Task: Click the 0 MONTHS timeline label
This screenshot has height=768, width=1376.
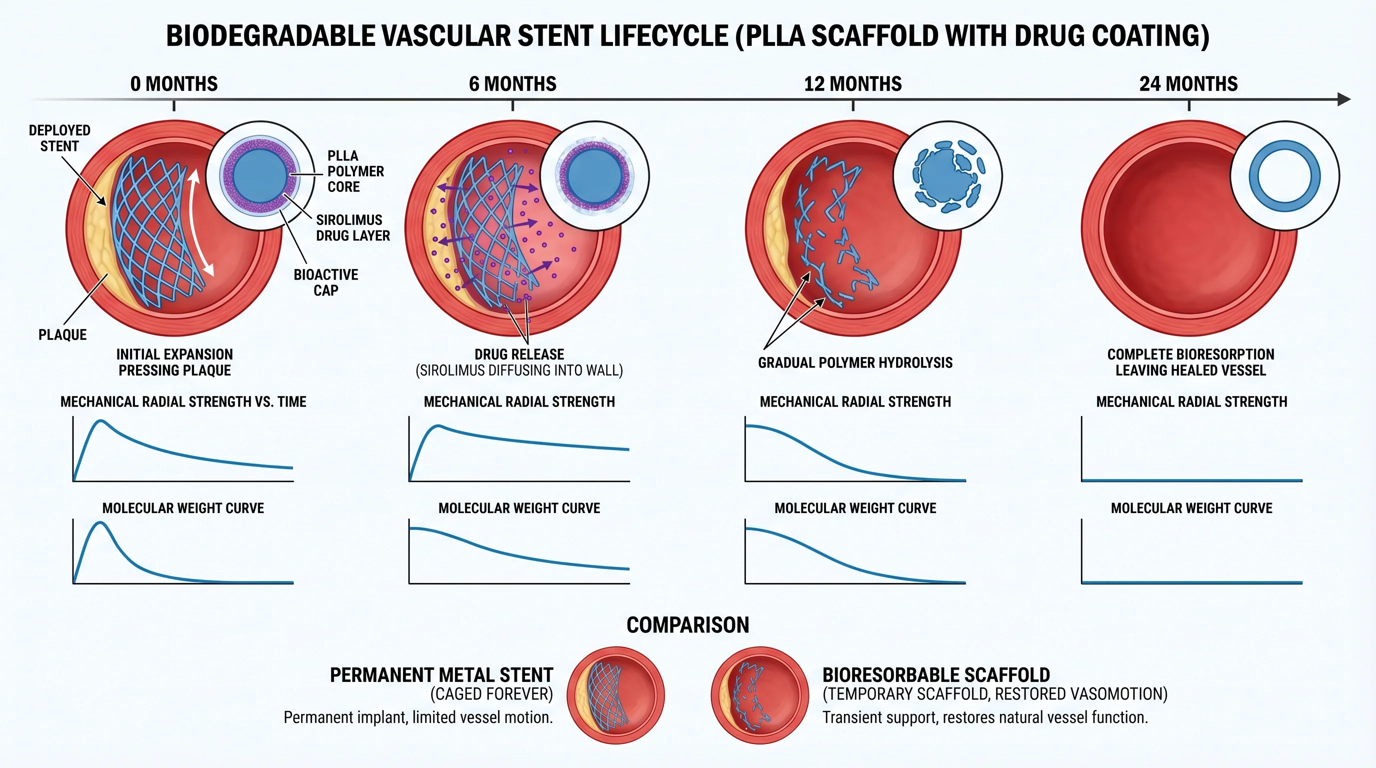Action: [173, 84]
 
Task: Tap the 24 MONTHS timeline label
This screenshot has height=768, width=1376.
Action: [1188, 84]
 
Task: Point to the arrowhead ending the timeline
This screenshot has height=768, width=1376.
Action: [1344, 99]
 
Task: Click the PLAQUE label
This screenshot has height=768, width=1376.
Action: [62, 335]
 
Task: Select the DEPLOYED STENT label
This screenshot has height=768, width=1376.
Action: [59, 138]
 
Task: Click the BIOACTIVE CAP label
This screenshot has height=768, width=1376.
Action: [326, 282]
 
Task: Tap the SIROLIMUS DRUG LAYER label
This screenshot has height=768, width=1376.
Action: [352, 227]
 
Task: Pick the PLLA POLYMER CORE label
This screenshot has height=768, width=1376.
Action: [355, 171]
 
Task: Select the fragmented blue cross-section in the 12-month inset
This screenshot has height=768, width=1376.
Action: [947, 175]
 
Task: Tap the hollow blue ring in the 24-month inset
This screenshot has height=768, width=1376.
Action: [1284, 175]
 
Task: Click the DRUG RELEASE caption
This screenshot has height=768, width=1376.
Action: [518, 354]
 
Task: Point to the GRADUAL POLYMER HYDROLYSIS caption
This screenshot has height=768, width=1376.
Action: [854, 362]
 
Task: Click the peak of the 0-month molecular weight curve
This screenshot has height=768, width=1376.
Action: [100, 523]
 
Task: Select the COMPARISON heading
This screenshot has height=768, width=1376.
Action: [687, 625]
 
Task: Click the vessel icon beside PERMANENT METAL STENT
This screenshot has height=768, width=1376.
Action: [615, 695]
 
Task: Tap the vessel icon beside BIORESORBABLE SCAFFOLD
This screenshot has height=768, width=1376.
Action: [759, 695]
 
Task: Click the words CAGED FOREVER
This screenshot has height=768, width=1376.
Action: [491, 694]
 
